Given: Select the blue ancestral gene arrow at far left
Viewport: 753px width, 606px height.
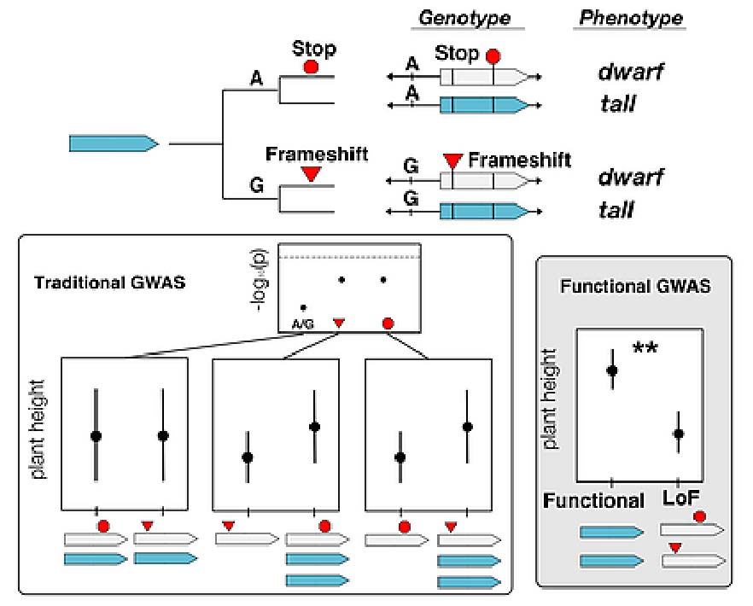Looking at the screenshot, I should [x=114, y=144].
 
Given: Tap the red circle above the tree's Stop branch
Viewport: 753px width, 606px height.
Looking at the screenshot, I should [x=312, y=66].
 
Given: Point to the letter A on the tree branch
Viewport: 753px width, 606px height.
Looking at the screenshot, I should [x=256, y=79].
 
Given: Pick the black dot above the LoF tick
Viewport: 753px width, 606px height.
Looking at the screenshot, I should [x=678, y=434].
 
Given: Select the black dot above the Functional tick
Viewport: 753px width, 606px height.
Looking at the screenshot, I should [x=612, y=370].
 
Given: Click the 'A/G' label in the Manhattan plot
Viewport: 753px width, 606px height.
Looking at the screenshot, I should [x=302, y=323].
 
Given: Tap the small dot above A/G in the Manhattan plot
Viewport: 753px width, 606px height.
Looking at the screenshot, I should [x=302, y=306].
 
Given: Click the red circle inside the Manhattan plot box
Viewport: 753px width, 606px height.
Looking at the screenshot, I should [x=388, y=323].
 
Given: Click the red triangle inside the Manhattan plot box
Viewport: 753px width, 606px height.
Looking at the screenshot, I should [x=339, y=323].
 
